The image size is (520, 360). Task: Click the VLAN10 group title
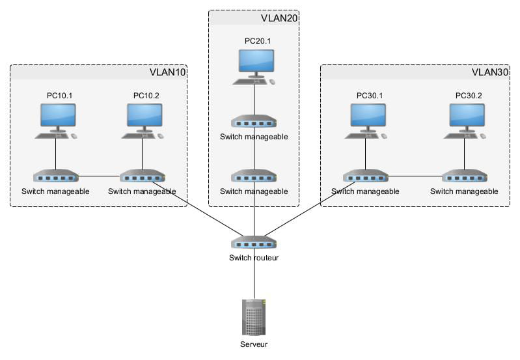(168, 72)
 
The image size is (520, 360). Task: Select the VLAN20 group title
(279, 18)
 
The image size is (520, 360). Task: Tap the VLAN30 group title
(489, 72)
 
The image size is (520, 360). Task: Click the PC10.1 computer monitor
(55, 116)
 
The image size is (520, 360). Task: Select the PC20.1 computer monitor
(254, 61)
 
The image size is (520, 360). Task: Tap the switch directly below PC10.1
(55, 176)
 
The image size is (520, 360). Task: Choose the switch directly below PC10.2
(142, 176)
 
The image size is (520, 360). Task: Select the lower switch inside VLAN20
(254, 176)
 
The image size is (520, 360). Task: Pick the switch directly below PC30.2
(464, 176)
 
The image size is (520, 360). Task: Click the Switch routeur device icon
(254, 242)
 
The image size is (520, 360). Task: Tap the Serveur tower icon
(254, 317)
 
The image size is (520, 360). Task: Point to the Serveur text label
(254, 345)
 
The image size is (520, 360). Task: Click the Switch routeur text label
(254, 258)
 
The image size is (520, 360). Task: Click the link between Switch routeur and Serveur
(254, 279)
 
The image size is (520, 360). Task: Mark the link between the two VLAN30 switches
(415, 176)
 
